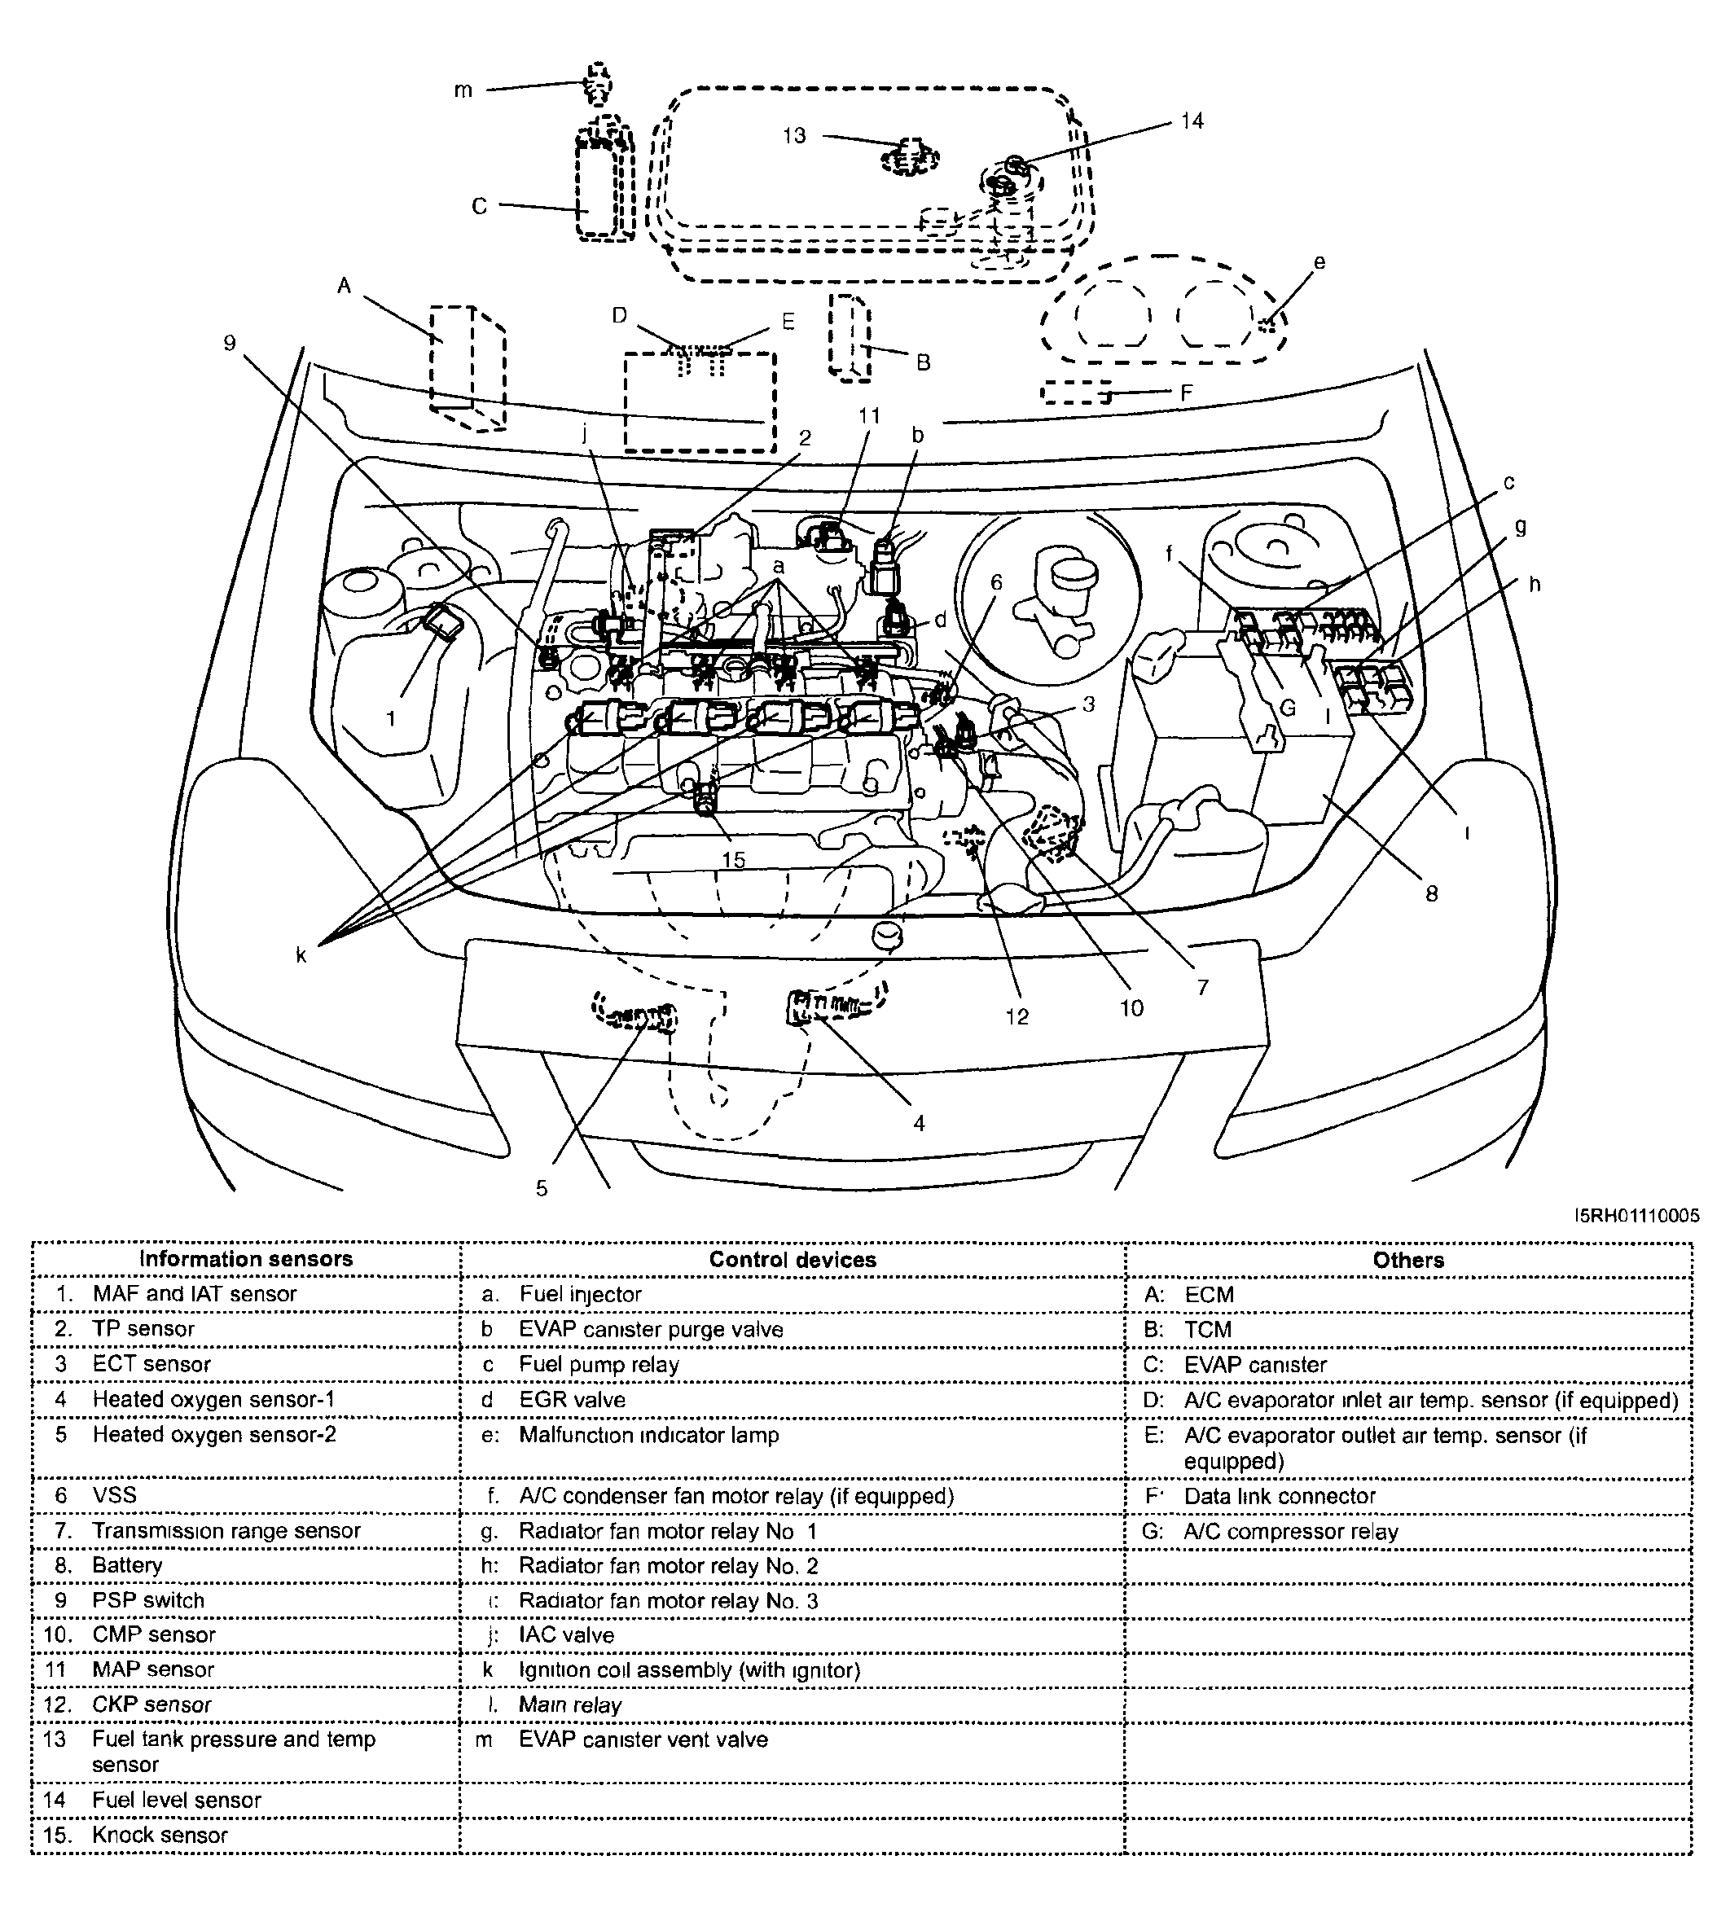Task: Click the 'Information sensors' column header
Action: tap(245, 1259)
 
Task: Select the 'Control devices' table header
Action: tap(792, 1261)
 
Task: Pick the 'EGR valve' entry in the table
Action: tap(573, 1400)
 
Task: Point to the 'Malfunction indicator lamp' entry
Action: tap(648, 1435)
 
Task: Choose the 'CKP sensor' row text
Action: tap(151, 1705)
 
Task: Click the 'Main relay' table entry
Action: tap(569, 1705)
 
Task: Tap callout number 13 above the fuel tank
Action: tap(793, 136)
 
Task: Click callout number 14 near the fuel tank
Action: tap(1192, 121)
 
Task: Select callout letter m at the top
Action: tap(463, 91)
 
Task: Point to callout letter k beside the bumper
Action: tap(301, 956)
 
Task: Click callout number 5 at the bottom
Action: tap(542, 1188)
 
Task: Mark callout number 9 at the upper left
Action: tap(229, 343)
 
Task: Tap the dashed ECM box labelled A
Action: tap(466, 366)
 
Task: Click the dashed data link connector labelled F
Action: tap(1076, 393)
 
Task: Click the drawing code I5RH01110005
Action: tap(1637, 1216)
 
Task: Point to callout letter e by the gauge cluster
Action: tap(1319, 262)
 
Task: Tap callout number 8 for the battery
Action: tap(1432, 893)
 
